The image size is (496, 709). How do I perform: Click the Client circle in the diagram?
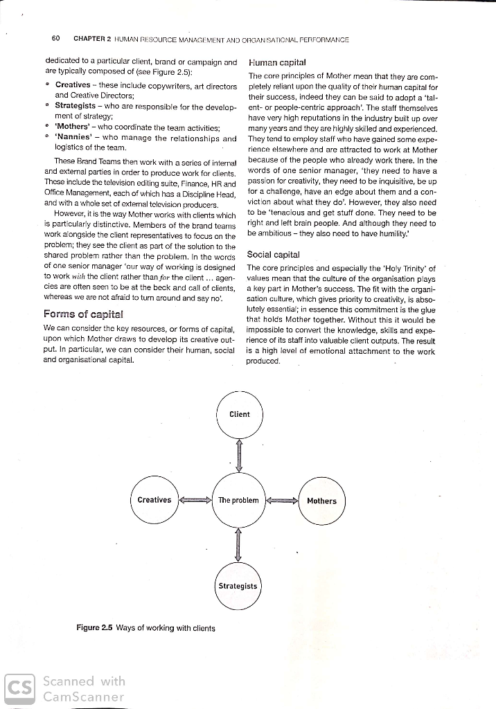(x=239, y=415)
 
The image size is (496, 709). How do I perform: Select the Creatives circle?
(x=154, y=500)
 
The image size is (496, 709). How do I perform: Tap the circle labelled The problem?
(x=238, y=500)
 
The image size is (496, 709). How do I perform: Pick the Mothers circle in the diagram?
(x=321, y=501)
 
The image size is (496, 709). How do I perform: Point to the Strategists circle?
(x=238, y=586)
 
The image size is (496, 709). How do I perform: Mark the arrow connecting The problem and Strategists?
(x=239, y=543)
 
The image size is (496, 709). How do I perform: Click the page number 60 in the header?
(x=57, y=38)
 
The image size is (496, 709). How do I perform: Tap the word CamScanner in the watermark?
(x=82, y=697)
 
